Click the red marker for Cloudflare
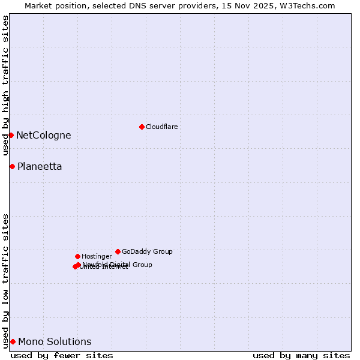click(142, 127)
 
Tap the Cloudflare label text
click(162, 127)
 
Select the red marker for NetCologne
click(11, 135)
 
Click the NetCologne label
click(43, 136)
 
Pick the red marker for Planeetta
click(12, 166)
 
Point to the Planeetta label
click(40, 167)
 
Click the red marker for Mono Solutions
click(13, 341)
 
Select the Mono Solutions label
click(55, 342)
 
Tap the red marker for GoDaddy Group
click(118, 251)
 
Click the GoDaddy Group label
click(147, 252)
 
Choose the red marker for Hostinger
click(77, 256)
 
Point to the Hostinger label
click(97, 257)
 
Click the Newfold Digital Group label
click(118, 265)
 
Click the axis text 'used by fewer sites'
click(62, 355)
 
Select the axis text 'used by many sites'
click(301, 355)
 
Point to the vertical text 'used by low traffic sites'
click(6, 280)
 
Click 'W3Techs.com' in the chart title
click(309, 5)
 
